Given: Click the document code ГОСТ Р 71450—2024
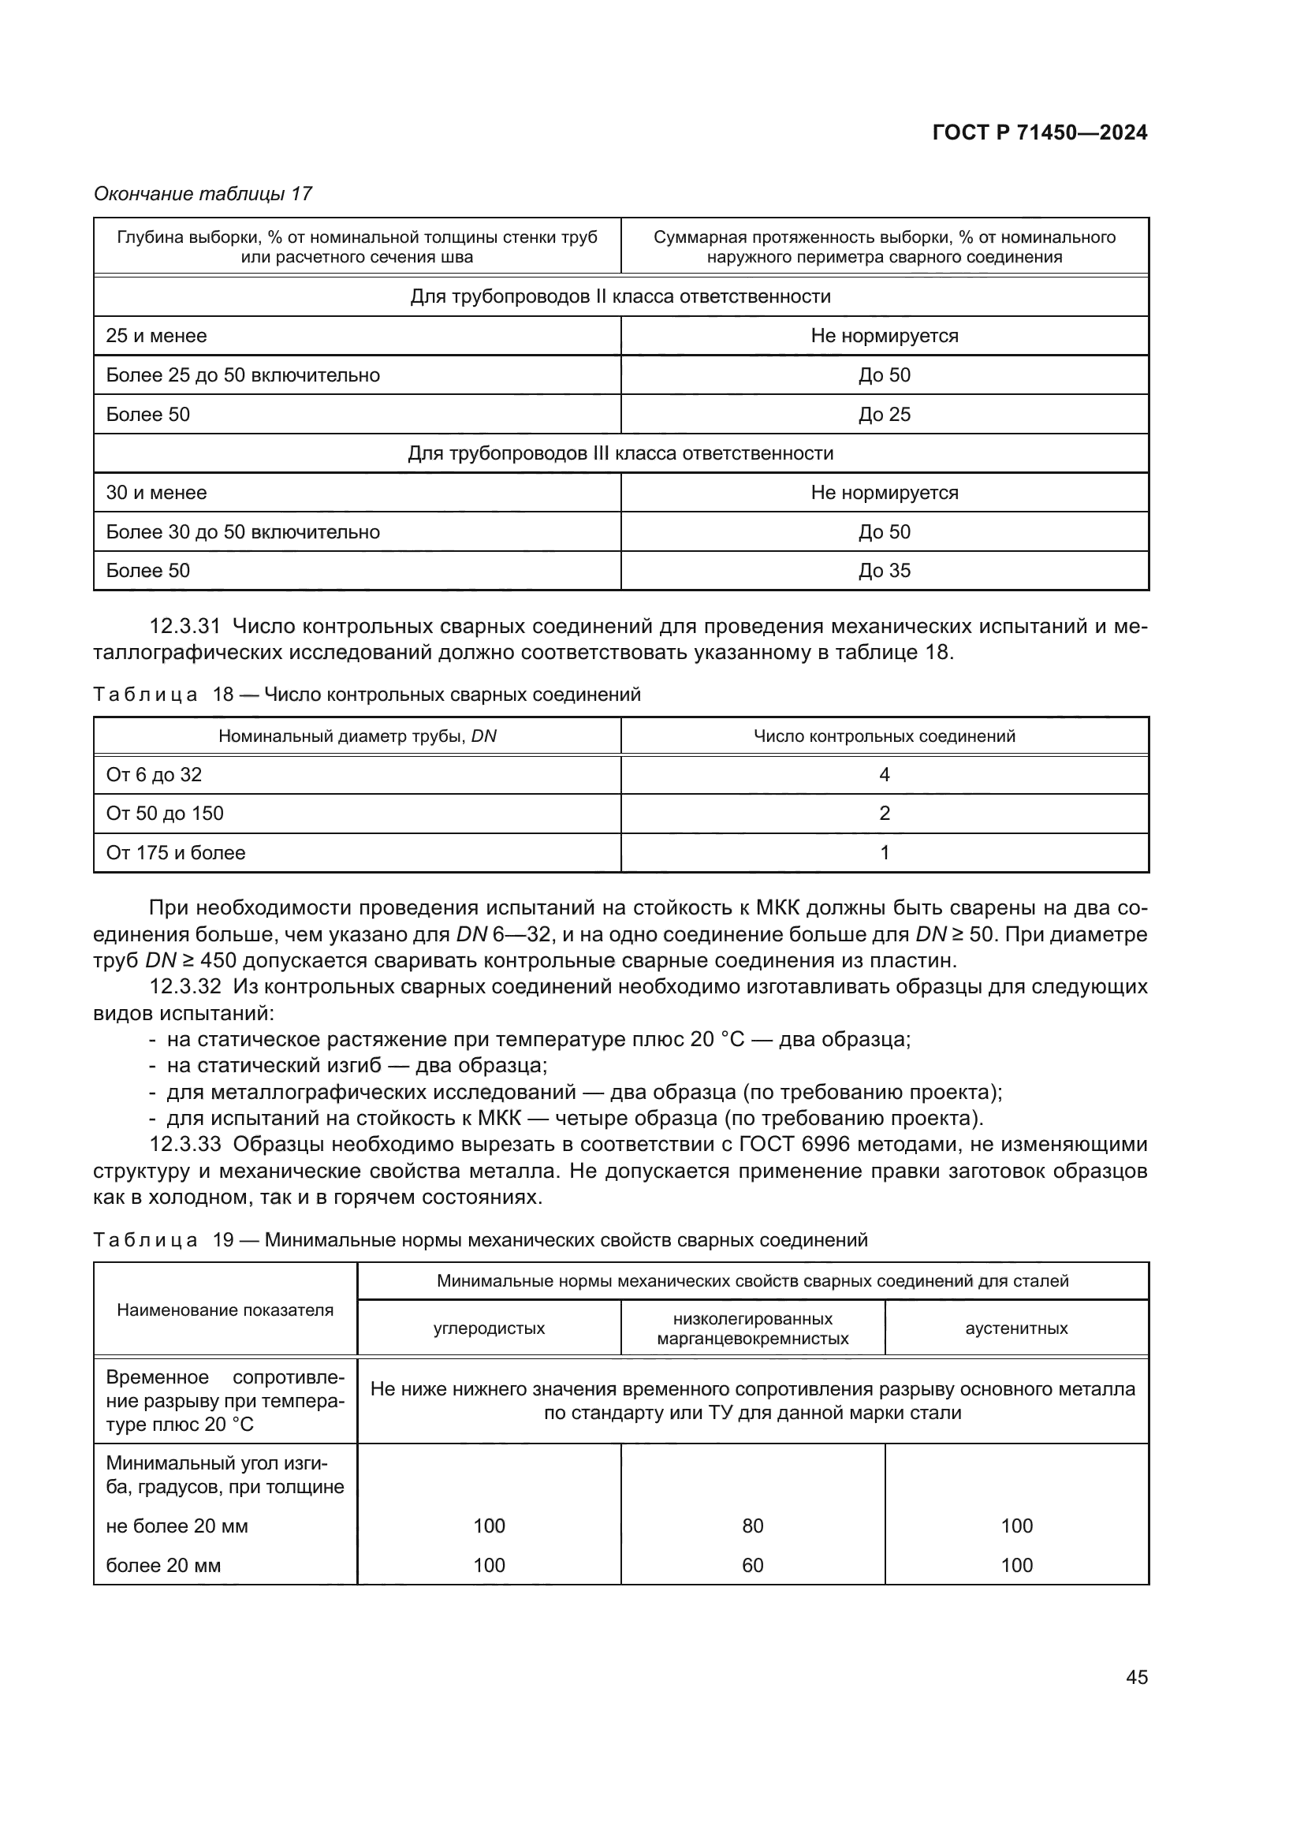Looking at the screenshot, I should tap(1039, 133).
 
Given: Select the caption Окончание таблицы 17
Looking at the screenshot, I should tap(203, 194).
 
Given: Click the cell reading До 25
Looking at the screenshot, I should tap(884, 415).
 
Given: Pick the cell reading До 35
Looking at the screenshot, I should tap(884, 571).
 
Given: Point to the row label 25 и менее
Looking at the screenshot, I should tap(157, 336).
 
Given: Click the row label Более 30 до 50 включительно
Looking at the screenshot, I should tap(243, 531).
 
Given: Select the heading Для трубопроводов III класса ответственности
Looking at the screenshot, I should tap(620, 454).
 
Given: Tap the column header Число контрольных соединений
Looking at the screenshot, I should tap(884, 736).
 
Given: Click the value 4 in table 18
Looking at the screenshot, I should tap(884, 775).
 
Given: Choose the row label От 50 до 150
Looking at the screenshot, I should tap(165, 814).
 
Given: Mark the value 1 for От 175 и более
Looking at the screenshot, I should tap(884, 853).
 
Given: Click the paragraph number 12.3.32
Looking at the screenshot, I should tap(183, 987).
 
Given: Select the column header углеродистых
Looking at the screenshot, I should tap(489, 1329).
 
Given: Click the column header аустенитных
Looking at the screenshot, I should tap(1015, 1329).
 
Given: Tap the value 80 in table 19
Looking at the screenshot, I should tap(752, 1526).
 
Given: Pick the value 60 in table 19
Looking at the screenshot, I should tap(752, 1566).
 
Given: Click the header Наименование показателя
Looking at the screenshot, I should tap(225, 1311).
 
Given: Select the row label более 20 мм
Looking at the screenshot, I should tap(163, 1566).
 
